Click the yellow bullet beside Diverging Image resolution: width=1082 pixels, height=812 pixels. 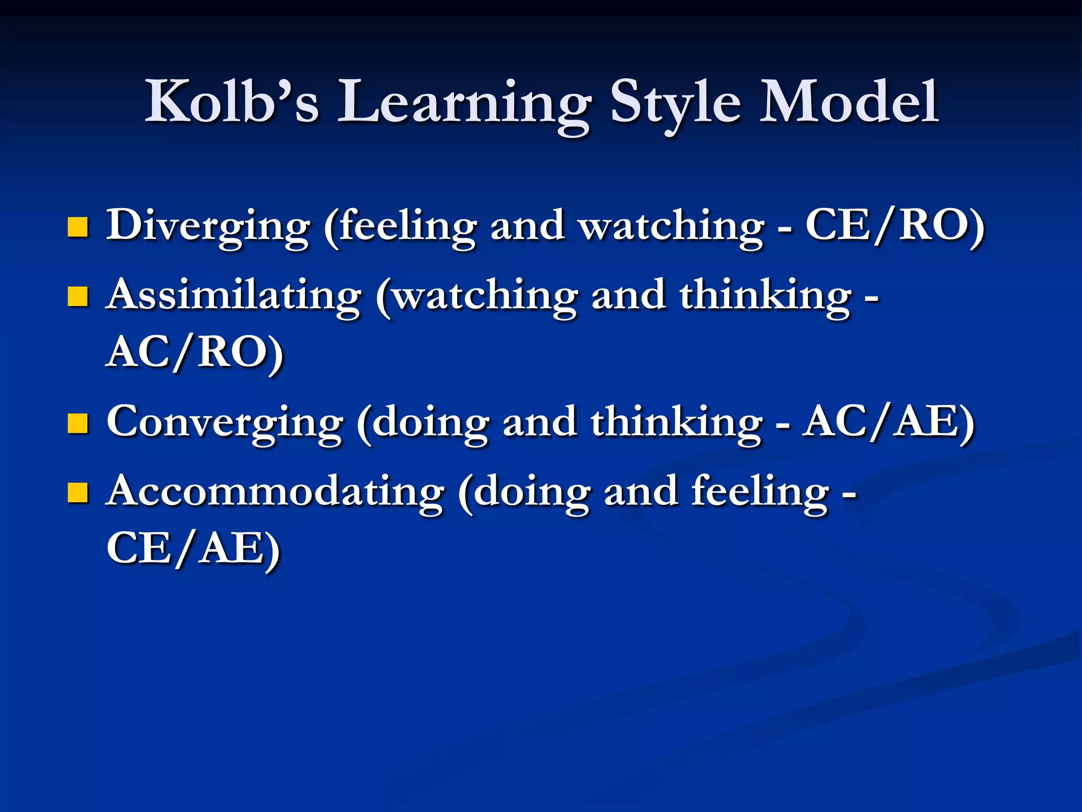[78, 227]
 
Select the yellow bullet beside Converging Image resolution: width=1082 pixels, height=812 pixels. [78, 423]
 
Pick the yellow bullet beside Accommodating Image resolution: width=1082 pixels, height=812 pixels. [78, 493]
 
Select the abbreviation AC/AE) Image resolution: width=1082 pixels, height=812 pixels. [888, 422]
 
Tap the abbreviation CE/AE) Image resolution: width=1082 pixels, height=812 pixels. [193, 549]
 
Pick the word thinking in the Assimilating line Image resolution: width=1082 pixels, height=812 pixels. [766, 297]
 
